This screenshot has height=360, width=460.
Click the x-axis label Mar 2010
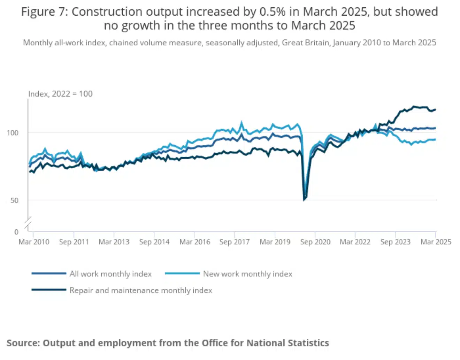click(x=34, y=242)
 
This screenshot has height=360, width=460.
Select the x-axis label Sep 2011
click(x=74, y=242)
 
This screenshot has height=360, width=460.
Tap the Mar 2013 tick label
click(x=114, y=242)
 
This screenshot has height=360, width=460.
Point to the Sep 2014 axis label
click(x=154, y=242)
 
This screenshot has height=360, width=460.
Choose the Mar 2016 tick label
click(x=194, y=242)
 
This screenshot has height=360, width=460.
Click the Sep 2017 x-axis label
click(x=235, y=242)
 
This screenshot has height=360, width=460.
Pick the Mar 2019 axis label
click(x=275, y=242)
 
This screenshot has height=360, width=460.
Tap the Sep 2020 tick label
click(x=315, y=242)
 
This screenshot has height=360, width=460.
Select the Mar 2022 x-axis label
click(x=355, y=242)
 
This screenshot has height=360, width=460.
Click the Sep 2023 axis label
click(x=395, y=242)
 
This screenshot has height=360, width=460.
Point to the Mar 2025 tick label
click(x=436, y=242)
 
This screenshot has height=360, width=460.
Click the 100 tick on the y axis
click(x=13, y=133)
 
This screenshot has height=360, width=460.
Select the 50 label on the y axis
click(x=14, y=200)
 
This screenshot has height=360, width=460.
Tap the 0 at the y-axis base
click(x=16, y=232)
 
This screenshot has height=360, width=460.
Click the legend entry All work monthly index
click(x=110, y=274)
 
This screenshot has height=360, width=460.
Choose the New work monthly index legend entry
click(x=247, y=274)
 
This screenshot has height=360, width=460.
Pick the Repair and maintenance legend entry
click(x=140, y=290)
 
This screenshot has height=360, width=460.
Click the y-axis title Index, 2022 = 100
click(x=60, y=94)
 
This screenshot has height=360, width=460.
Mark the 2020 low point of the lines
click(x=304, y=200)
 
